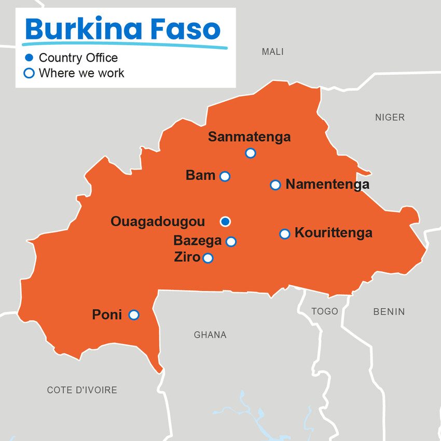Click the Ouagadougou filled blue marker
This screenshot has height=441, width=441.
point(225,222)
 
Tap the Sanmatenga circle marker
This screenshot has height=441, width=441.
point(251,153)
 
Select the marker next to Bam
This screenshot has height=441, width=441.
point(225,176)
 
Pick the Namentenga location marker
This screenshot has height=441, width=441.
point(275,185)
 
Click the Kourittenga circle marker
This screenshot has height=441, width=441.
point(284,233)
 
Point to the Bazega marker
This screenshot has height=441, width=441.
point(231,241)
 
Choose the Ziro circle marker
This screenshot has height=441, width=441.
point(208,258)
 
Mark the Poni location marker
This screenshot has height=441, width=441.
point(134,314)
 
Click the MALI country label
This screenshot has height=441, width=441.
point(272,52)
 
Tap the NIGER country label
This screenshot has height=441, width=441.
point(390,118)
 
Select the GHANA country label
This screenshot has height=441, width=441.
point(210,335)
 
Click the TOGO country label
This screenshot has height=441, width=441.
point(325,311)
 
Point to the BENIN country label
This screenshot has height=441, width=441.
point(389,312)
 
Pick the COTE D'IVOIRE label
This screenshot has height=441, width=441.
point(82,390)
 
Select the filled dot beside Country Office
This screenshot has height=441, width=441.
point(30,58)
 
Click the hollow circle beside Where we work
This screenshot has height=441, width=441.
point(30,73)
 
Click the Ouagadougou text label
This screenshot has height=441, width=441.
point(158,222)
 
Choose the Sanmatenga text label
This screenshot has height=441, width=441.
point(249,137)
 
